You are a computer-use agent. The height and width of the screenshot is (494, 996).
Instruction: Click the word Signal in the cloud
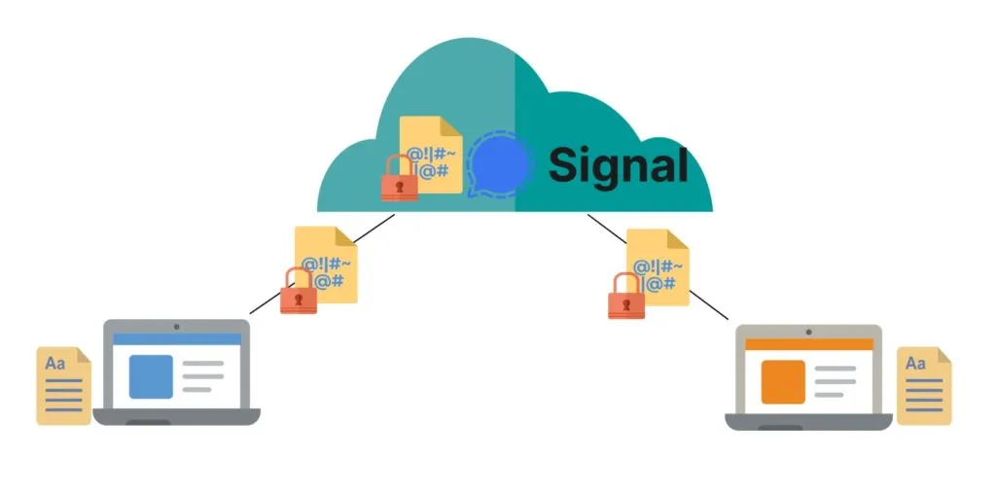(x=618, y=164)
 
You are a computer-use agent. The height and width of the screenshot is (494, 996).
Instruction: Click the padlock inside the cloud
(x=399, y=179)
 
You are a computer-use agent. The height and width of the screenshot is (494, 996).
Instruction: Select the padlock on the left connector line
(x=299, y=291)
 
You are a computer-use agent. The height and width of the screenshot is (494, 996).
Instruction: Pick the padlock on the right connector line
(x=626, y=296)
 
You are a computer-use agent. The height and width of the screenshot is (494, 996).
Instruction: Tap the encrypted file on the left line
(x=327, y=263)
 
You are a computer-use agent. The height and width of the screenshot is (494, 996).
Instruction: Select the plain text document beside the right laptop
(x=923, y=385)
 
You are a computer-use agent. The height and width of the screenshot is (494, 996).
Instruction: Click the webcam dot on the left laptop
(x=176, y=326)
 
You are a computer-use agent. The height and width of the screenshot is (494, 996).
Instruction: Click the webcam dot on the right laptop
(x=808, y=331)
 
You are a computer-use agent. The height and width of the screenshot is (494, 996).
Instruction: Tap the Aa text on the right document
(x=915, y=363)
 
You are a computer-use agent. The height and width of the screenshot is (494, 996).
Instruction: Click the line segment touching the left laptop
(x=265, y=304)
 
